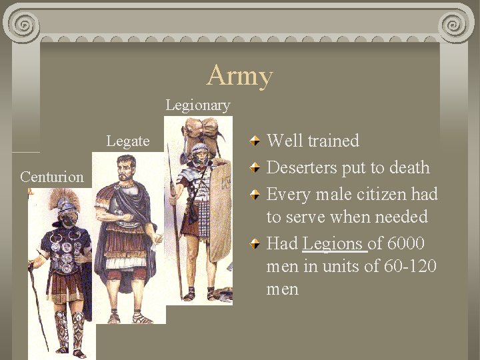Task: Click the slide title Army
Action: tap(240, 75)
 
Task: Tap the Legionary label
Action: tap(197, 105)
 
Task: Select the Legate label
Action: tap(127, 141)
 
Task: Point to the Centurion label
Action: tap(52, 177)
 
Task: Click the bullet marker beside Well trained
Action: tap(255, 141)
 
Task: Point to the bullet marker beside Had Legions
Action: tap(255, 244)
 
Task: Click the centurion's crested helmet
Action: tap(65, 203)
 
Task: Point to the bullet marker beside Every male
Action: tap(255, 195)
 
